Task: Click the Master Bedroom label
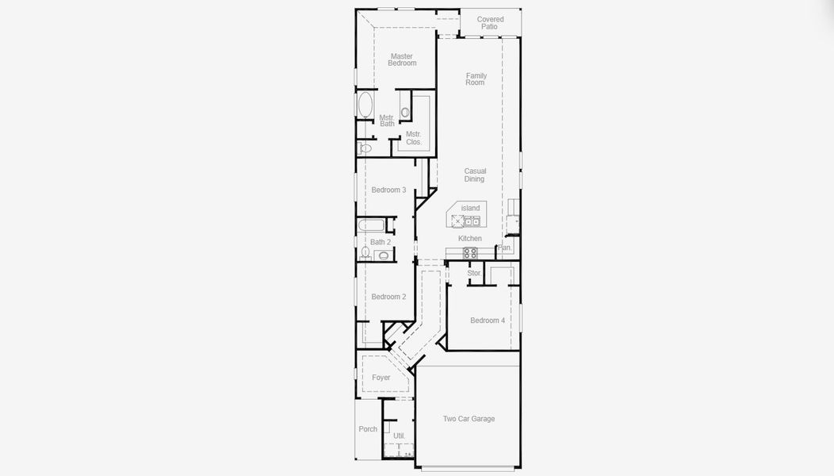402,59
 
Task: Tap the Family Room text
476,79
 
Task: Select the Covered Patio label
490,23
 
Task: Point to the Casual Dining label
474,175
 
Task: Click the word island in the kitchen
470,208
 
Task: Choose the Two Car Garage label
469,419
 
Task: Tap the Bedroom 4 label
488,320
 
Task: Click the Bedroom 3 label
388,190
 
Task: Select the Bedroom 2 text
388,297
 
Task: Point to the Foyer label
381,378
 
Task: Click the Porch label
368,428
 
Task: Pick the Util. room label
399,436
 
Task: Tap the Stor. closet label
474,273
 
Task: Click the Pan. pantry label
504,248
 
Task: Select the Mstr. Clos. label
413,138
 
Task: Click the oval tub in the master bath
365,105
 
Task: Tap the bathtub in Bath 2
371,225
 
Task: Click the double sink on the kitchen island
471,221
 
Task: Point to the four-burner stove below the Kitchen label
469,253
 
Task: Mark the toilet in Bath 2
365,251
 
